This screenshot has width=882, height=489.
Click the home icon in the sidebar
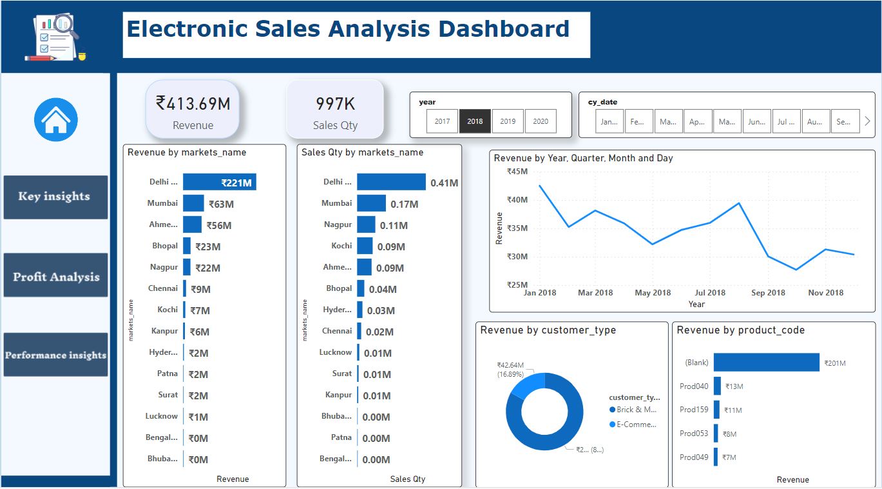click(56, 120)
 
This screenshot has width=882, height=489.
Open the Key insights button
click(55, 197)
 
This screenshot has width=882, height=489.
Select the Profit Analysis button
click(55, 277)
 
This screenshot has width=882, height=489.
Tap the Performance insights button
click(55, 355)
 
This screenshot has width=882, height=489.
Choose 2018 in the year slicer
click(475, 121)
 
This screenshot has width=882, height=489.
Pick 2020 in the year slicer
click(541, 121)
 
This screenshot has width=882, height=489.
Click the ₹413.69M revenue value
click(193, 103)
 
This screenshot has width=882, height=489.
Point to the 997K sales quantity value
click(335, 104)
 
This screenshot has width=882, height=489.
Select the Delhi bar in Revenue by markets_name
click(219, 183)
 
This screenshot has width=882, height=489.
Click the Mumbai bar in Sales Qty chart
click(371, 204)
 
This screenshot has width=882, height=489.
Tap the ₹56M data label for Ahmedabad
click(219, 225)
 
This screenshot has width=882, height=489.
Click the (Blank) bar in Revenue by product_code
click(766, 363)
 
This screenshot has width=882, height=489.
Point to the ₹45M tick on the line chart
click(517, 172)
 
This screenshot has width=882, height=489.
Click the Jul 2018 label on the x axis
click(710, 293)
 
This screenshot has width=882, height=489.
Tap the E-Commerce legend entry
click(637, 424)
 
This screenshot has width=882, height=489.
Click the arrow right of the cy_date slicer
click(867, 121)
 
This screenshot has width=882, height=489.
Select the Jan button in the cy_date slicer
click(609, 121)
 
